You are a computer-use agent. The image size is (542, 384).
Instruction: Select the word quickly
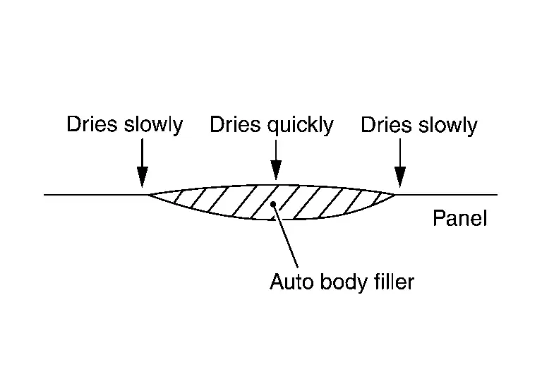click(301, 126)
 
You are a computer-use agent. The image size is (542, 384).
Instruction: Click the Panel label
click(459, 219)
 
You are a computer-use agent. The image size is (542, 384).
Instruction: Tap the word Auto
click(288, 282)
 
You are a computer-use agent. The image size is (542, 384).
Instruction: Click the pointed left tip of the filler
click(147, 193)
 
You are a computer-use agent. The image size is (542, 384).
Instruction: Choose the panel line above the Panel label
click(459, 193)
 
